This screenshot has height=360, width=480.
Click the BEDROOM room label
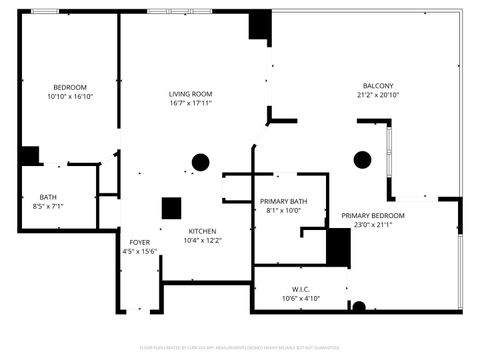pos(69,87)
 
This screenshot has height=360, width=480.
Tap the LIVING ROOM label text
pos(190,93)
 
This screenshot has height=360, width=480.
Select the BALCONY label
pos(378,86)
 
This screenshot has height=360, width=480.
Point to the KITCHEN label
pos(203,231)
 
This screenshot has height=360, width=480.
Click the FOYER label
pos(140,242)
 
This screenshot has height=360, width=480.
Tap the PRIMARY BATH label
pos(283,202)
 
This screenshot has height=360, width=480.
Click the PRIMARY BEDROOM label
pos(373,216)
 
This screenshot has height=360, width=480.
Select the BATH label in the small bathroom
pos(48,197)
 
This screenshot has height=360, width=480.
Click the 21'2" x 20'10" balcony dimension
pos(378,95)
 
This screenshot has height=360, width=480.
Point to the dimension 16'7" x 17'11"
pos(190,102)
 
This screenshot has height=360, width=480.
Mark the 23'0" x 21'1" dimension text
pos(373,225)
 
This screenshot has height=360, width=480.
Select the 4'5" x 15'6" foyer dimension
pos(140,251)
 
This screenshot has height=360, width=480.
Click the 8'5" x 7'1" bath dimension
pos(48,206)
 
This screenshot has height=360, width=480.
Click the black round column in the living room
pos(200,160)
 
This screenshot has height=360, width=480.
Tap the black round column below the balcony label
pos(362,158)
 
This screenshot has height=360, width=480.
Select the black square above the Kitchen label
pos(172,208)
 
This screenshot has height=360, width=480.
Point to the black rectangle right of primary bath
pos(339,247)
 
